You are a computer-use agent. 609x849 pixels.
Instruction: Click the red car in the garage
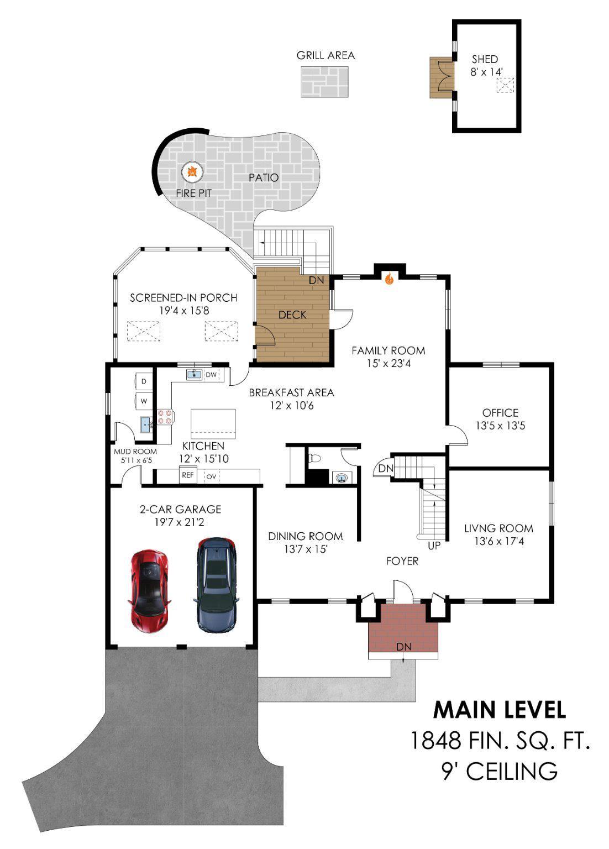pyautogui.click(x=149, y=590)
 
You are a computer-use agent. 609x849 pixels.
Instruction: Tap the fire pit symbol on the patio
pyautogui.click(x=192, y=172)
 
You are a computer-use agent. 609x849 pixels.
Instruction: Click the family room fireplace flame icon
pyautogui.click(x=389, y=279)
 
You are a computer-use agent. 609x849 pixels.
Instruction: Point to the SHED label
pyautogui.click(x=485, y=59)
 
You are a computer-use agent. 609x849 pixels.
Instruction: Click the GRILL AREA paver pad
pyautogui.click(x=325, y=82)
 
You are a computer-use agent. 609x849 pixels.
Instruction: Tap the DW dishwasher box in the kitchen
pyautogui.click(x=211, y=375)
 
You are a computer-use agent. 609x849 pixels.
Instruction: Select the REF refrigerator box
pyautogui.click(x=188, y=475)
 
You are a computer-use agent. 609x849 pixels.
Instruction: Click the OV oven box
pyautogui.click(x=211, y=476)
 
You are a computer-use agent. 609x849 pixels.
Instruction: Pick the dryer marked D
pyautogui.click(x=144, y=381)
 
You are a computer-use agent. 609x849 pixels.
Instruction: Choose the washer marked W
pyautogui.click(x=144, y=401)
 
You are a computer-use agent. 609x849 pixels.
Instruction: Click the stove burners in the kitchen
pyautogui.click(x=165, y=416)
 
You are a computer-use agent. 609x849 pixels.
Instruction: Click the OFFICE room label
pyautogui.click(x=500, y=413)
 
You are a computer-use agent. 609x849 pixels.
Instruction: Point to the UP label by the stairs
pyautogui.click(x=434, y=546)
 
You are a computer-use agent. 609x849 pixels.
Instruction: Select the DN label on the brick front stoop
pyautogui.click(x=403, y=647)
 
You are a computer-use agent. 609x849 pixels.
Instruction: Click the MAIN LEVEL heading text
pyautogui.click(x=499, y=710)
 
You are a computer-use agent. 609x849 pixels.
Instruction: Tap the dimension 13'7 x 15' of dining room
pyautogui.click(x=306, y=549)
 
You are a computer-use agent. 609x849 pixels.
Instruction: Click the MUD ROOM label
pyautogui.click(x=135, y=452)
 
